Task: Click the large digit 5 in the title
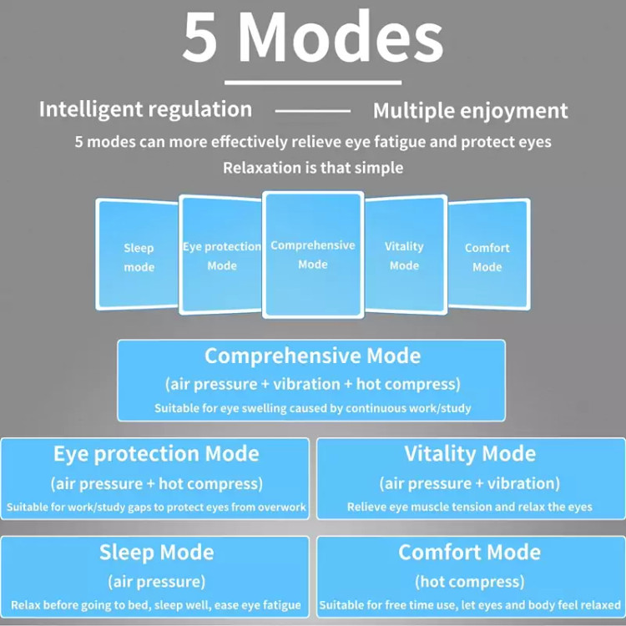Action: [x=201, y=38]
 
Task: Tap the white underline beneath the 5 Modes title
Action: [x=313, y=83]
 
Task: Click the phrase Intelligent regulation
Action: [x=146, y=110]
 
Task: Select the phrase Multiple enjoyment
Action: [x=470, y=111]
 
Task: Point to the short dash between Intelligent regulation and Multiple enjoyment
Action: [x=313, y=111]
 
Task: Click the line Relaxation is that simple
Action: [x=313, y=168]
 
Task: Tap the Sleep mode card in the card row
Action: [x=137, y=254]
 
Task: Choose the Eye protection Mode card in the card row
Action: [x=221, y=255]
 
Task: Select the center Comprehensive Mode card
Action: [x=313, y=255]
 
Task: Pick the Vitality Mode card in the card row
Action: [x=406, y=255]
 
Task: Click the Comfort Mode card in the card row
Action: [x=489, y=254]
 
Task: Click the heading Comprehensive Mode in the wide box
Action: [x=313, y=356]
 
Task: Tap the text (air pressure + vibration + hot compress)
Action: [x=313, y=384]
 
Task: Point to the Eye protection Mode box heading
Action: [x=156, y=454]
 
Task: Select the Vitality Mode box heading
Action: [x=470, y=453]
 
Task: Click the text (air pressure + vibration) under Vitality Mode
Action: [x=469, y=483]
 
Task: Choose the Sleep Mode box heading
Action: [x=157, y=553]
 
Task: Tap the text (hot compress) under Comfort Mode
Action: [x=469, y=582]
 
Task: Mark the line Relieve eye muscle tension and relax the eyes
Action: [x=469, y=507]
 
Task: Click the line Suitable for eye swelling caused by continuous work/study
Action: [x=313, y=408]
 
